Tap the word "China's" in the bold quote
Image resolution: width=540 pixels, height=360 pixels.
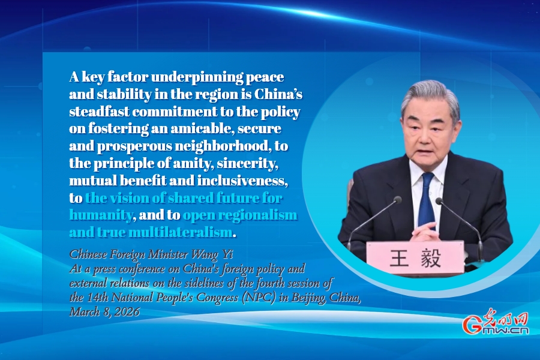278,94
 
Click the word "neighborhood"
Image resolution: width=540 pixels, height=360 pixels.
221,146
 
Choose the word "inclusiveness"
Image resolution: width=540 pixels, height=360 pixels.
242,181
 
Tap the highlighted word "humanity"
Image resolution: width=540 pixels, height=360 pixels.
101,215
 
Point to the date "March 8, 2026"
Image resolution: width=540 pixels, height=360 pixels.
104,312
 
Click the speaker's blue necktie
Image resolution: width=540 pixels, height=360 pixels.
427,200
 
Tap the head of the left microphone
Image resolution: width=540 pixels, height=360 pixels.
397,200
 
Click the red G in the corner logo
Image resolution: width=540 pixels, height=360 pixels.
472,325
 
